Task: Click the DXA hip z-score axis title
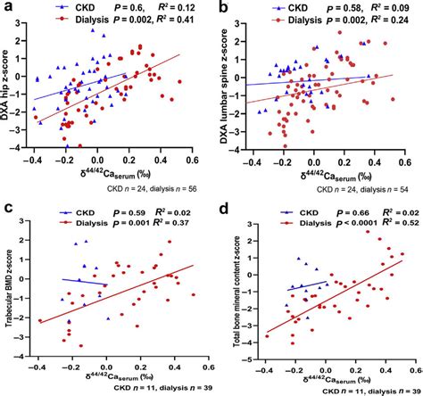(x=12, y=89)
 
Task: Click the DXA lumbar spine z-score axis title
(x=228, y=89)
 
